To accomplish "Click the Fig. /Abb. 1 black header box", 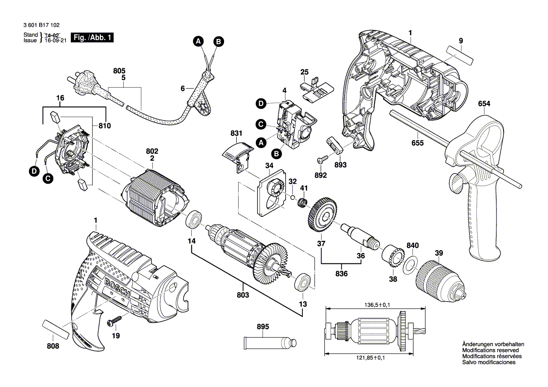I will tap(92, 38).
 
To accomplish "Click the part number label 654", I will tap(484, 104).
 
